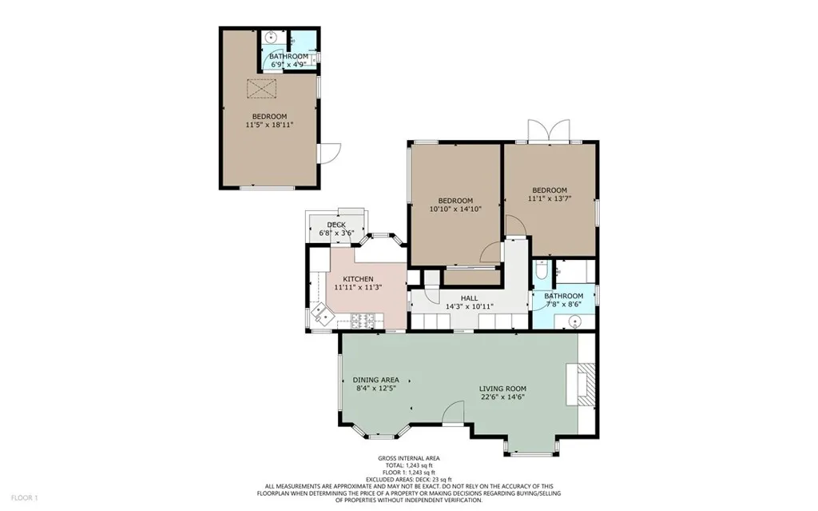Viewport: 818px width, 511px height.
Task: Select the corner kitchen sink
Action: [x=324, y=314]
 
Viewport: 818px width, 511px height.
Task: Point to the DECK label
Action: [x=336, y=225]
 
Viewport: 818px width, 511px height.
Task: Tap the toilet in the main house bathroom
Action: [x=540, y=273]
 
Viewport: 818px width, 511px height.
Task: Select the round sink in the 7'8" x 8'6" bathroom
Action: [x=573, y=321]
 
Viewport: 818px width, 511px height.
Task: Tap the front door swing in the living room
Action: [x=453, y=412]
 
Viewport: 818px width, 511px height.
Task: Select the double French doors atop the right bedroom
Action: [x=549, y=131]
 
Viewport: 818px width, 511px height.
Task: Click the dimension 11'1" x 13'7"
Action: [x=550, y=198]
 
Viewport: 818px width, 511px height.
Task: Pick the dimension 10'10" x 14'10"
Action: [x=455, y=209]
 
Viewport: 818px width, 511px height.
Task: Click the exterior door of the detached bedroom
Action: [x=328, y=154]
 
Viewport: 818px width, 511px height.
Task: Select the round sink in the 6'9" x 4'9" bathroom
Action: [x=272, y=37]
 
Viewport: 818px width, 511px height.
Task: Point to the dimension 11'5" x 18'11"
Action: [x=269, y=125]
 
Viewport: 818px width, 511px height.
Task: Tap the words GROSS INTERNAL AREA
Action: [x=408, y=458]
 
